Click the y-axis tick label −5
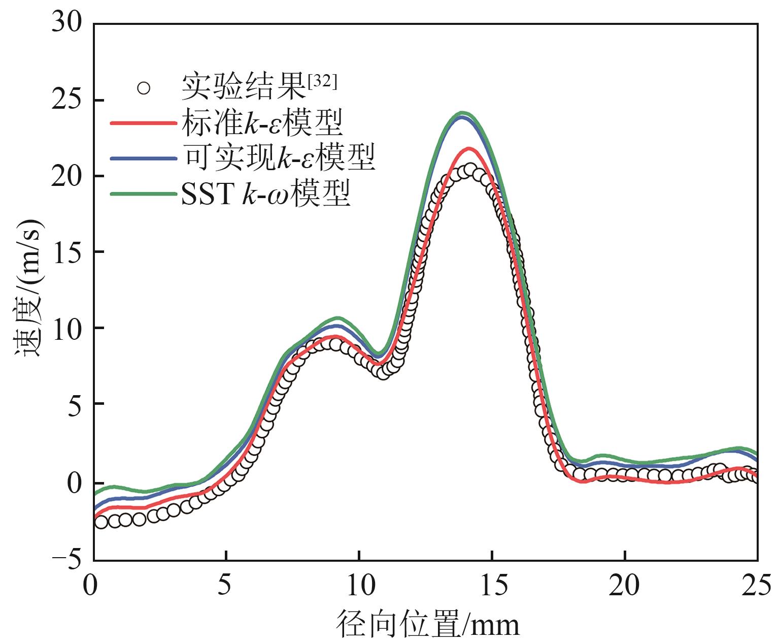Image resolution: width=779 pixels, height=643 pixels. pos(66,560)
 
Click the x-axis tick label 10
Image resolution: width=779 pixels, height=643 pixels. pos(359,586)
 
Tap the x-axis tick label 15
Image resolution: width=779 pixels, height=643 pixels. pos(492,586)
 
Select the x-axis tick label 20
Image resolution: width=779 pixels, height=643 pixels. pos(625,586)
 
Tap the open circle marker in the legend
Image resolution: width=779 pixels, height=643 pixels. pos(144,88)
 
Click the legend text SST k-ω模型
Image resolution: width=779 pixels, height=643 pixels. pos(266,194)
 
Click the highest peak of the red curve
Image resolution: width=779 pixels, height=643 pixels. pos(468,149)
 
